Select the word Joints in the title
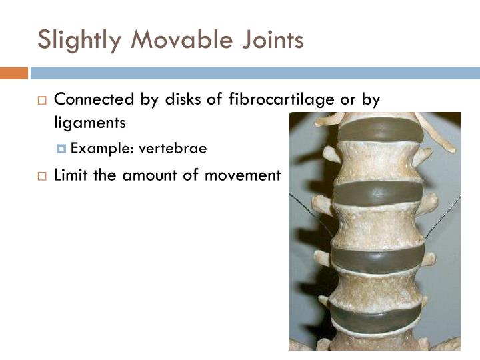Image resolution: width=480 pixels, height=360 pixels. pos(273,41)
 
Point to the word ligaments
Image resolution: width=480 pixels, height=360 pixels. pos(89,123)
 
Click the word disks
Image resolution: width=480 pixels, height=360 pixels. pos(183,99)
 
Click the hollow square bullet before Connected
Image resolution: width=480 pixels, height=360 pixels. pos(42,101)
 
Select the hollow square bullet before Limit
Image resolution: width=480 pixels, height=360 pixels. pos(42,176)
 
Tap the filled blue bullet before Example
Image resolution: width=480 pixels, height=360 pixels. pos(63,149)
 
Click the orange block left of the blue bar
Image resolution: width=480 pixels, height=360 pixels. pos(13,73)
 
